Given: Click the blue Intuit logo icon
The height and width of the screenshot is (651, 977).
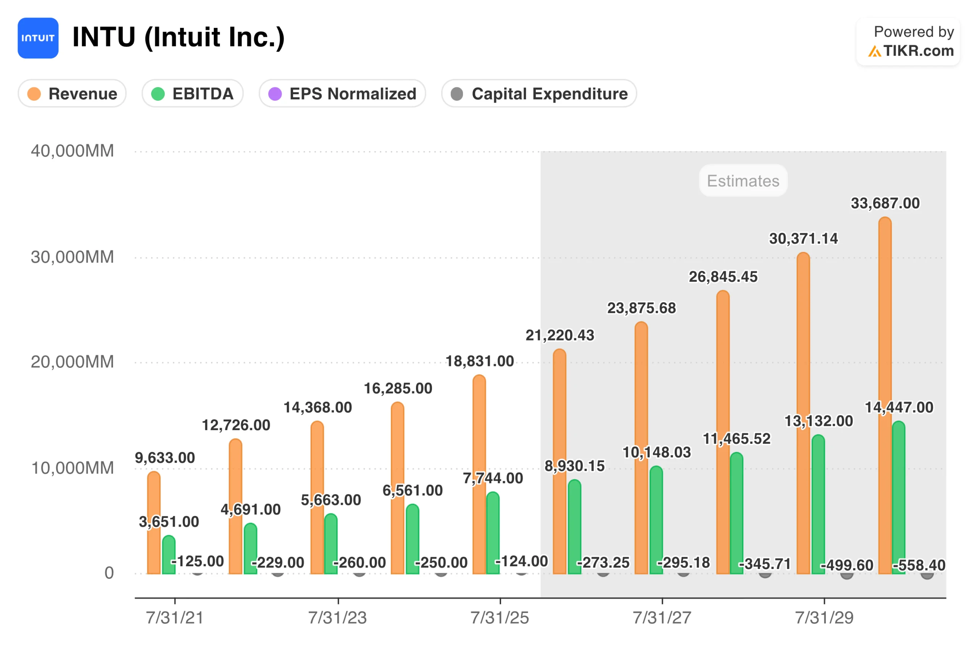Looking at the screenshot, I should [x=38, y=38].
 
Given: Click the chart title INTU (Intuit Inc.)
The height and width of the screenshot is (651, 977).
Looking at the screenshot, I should [x=178, y=37].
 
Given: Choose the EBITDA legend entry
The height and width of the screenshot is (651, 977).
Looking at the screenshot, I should [x=192, y=93].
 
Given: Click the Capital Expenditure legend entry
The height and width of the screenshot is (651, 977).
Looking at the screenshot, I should [x=538, y=93].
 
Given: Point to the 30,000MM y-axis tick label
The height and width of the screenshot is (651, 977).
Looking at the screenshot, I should [x=72, y=257].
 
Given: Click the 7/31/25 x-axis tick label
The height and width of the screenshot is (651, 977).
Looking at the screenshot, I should [x=500, y=617].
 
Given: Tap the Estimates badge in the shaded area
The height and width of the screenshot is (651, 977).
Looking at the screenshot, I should [x=743, y=180].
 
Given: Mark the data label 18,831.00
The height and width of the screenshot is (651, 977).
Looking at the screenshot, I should [x=480, y=361].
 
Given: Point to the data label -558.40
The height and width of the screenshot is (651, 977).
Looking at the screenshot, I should [x=919, y=565].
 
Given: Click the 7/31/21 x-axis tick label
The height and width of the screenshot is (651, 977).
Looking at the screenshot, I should [x=175, y=617].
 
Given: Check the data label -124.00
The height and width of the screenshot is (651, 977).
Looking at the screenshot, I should [x=521, y=561].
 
